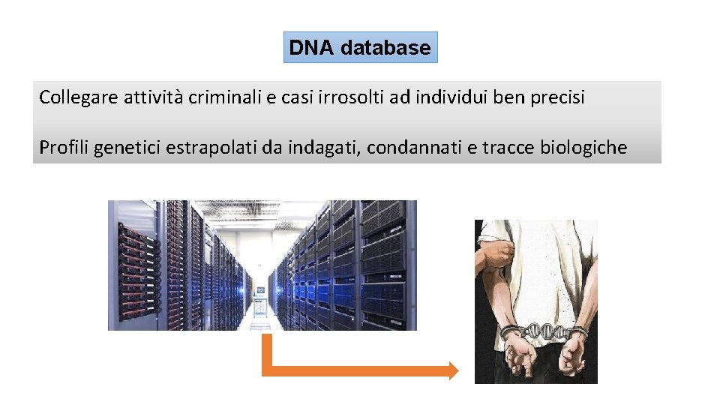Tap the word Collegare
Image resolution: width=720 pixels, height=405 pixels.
[x=73, y=97]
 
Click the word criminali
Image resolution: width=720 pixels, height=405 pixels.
[x=220, y=97]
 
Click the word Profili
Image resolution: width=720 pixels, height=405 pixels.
[x=62, y=148]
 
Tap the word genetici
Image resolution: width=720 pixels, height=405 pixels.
[x=127, y=148]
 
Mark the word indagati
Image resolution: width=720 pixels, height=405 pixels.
[x=324, y=148]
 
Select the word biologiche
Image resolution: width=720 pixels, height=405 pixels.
[x=583, y=148]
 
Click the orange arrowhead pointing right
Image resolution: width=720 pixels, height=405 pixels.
[x=452, y=370]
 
